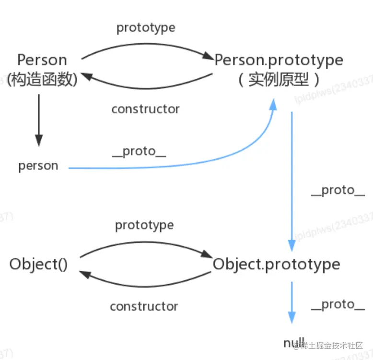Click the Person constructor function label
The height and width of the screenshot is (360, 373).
[x=42, y=60]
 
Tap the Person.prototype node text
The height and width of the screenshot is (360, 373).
[x=279, y=60]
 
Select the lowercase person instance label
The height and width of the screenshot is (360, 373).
[x=38, y=166]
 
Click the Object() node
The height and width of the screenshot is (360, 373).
[x=38, y=264]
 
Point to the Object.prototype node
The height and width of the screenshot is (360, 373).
[x=276, y=264]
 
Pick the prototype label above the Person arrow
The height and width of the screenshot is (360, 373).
[x=146, y=28]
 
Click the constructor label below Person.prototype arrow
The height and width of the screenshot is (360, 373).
[x=145, y=109]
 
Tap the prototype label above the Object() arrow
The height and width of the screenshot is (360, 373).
[x=144, y=225]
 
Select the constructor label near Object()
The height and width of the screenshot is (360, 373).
[x=144, y=306]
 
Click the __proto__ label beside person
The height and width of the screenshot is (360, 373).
[x=140, y=152]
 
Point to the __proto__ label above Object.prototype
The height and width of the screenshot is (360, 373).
[x=338, y=191]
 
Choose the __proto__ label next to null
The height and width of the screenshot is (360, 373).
[x=338, y=304]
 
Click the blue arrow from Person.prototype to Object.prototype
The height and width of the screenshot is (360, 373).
[x=291, y=178]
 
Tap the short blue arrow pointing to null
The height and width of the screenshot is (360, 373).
[x=291, y=302]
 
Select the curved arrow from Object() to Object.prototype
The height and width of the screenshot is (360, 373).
[x=146, y=243]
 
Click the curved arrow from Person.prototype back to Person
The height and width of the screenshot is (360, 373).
[x=146, y=87]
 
